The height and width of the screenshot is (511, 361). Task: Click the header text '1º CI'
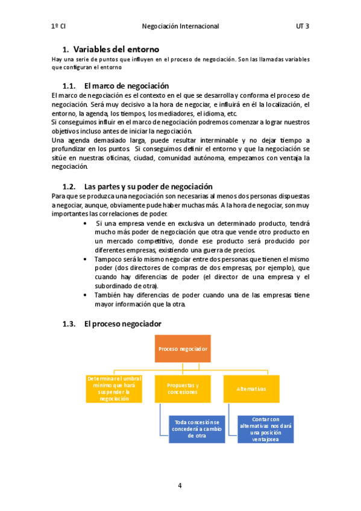tap(58, 27)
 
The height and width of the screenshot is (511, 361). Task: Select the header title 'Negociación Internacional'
tap(180, 27)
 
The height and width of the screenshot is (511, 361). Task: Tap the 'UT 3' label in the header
tap(303, 27)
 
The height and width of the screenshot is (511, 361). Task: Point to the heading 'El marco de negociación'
tap(127, 86)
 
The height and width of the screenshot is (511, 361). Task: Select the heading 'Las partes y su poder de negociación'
tap(148, 187)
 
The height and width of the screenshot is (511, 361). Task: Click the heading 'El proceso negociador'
tap(123, 324)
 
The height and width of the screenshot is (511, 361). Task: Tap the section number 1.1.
tap(71, 86)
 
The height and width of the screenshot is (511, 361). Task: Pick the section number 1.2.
tap(71, 187)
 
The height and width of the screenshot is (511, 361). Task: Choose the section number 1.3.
tap(71, 324)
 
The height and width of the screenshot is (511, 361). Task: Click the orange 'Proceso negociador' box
tap(183, 349)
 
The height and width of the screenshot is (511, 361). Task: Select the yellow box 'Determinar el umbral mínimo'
tap(113, 389)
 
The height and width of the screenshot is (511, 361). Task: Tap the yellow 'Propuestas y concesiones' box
tap(182, 389)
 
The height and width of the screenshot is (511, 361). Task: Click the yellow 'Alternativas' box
tap(251, 389)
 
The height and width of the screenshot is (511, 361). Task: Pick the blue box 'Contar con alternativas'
tap(265, 428)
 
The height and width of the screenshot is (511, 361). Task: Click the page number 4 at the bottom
tap(180, 485)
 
